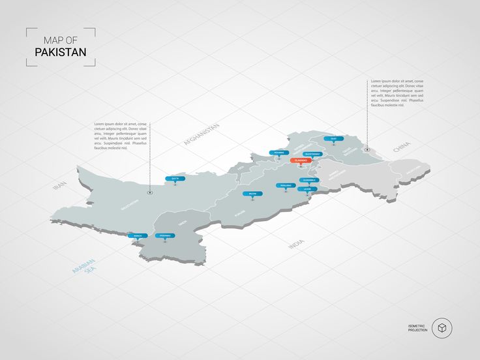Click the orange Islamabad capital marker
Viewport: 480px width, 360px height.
point(301,160)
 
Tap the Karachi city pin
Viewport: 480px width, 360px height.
point(138,235)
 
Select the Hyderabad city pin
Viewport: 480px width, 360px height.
point(165,235)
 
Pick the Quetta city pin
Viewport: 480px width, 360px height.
point(175,178)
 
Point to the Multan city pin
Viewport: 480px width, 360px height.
point(253,194)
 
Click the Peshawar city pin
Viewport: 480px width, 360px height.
point(278,153)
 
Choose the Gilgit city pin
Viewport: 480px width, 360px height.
point(333,139)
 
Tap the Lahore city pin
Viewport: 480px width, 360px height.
point(307,189)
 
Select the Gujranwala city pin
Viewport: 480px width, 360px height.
point(308,180)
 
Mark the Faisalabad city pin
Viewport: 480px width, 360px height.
point(285,186)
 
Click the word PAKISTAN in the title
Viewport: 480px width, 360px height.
point(61,52)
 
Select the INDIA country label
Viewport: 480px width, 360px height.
point(296,244)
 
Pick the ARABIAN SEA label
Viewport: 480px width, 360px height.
point(83,269)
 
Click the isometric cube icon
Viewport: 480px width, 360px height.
point(442,327)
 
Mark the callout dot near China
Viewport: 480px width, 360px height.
point(367,149)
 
